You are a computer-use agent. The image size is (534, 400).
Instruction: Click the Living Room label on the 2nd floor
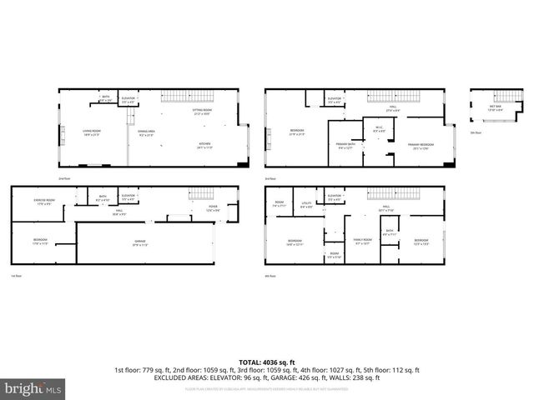click(x=91, y=132)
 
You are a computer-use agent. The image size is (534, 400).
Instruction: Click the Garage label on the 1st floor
click(x=140, y=243)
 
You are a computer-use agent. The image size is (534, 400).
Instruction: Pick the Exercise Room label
click(x=44, y=201)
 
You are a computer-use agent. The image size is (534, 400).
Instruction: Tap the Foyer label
click(x=213, y=208)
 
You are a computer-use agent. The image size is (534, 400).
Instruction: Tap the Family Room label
click(x=362, y=242)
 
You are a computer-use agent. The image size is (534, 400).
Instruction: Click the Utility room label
click(x=306, y=205)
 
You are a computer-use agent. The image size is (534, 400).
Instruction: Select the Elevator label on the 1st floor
click(x=128, y=197)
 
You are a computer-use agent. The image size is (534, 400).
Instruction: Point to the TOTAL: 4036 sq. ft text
click(x=266, y=362)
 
